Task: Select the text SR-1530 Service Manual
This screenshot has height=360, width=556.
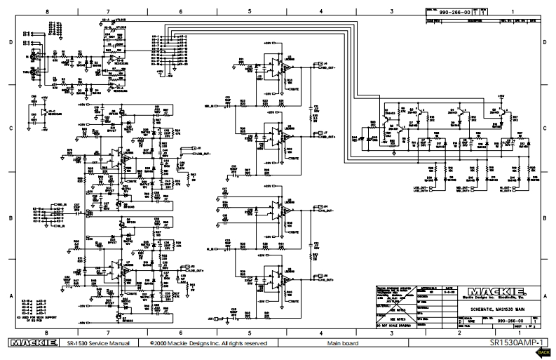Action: pos(98,344)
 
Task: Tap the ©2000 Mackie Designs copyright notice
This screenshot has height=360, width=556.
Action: pos(208,344)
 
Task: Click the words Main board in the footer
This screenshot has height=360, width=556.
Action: pos(341,344)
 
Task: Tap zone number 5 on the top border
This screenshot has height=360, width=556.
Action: pos(249,12)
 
